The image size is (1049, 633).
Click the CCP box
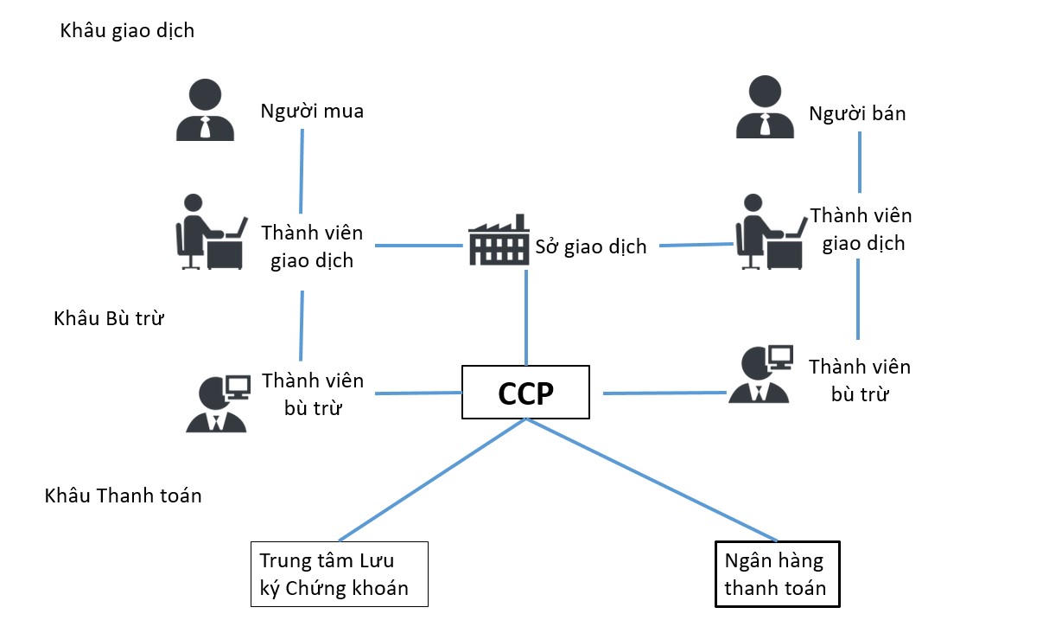[525, 393]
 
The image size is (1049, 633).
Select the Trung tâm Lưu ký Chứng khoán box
[339, 574]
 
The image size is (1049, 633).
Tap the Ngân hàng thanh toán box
[777, 574]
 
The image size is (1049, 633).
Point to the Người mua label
[312, 112]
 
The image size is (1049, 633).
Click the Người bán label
[857, 113]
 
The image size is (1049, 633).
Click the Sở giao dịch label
[591, 246]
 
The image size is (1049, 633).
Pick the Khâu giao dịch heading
[127, 31]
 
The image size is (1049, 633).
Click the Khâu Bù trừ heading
[108, 318]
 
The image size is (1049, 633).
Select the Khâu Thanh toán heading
[122, 496]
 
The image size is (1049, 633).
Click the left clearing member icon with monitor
[217, 402]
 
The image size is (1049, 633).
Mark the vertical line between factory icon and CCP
[525, 316]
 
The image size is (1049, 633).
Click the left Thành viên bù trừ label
[312, 394]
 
